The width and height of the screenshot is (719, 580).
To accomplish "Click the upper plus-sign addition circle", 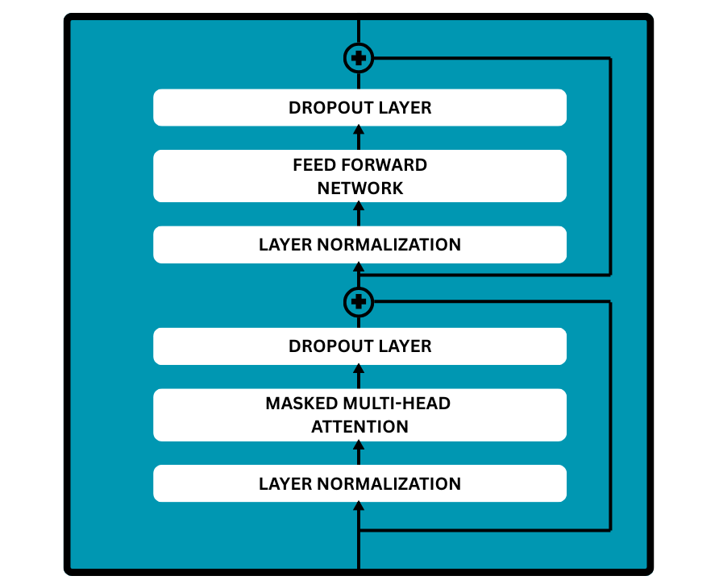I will [359, 58].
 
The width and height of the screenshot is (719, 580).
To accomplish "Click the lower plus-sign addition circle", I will [359, 302].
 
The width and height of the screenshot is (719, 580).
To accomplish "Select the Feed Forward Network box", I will [359, 176].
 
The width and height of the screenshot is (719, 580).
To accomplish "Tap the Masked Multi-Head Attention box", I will [359, 415].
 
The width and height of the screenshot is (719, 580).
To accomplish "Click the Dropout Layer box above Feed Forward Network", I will [359, 108].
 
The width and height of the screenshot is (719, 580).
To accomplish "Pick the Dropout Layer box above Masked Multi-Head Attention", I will [359, 346].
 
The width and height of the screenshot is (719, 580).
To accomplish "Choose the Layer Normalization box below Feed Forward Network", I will [359, 245].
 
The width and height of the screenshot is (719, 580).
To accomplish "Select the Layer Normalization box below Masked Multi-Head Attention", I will [359, 483].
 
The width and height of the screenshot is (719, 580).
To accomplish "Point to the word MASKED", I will [297, 403].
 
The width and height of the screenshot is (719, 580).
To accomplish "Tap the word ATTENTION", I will [359, 427].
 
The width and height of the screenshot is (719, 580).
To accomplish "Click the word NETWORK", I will [359, 188].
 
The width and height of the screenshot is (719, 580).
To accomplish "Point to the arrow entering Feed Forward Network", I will [359, 213].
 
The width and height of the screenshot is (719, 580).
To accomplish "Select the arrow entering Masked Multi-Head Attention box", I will [359, 453].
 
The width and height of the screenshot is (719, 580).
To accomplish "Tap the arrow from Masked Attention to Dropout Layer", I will [359, 376].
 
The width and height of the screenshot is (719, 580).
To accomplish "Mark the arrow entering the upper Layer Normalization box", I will [359, 268].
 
